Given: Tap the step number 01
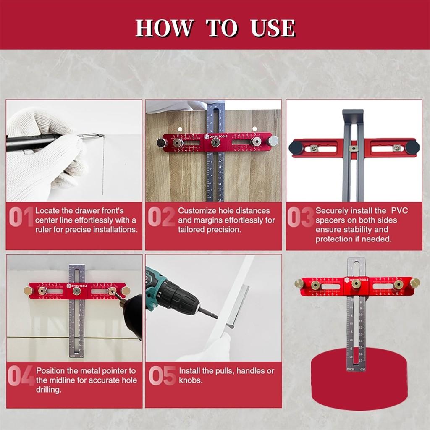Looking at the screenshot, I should click(21, 219).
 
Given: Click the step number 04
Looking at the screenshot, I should click(21, 376).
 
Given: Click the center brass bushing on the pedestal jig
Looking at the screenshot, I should click(356, 283).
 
